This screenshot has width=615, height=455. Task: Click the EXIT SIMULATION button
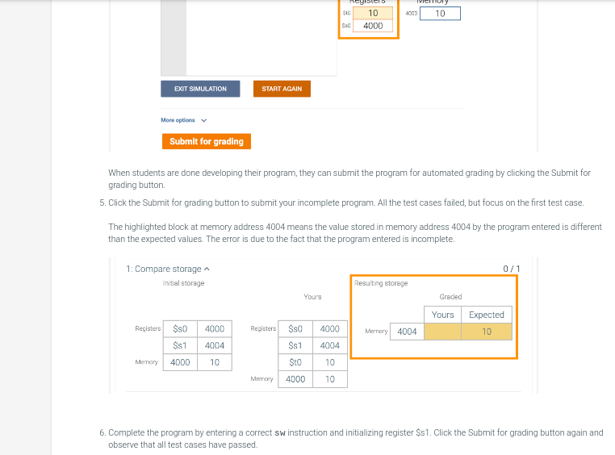200,89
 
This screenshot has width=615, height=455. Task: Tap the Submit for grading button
206,141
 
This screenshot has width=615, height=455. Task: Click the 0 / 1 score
511,269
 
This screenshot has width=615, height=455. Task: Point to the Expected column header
486,315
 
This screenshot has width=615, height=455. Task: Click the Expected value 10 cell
486,332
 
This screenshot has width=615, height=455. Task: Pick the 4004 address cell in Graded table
407,332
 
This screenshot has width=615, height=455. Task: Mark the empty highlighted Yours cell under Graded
442,332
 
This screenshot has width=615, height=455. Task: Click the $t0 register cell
295,362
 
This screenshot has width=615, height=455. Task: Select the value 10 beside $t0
330,362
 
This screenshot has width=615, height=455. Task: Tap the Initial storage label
183,283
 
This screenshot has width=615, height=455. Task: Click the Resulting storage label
381,283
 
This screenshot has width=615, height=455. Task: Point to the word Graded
450,297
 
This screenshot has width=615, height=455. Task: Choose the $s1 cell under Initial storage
180,345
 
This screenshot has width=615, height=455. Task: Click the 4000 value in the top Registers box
373,26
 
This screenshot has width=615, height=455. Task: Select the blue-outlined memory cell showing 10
440,14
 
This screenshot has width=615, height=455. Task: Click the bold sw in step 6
280,433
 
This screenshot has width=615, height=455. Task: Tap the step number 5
102,202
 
